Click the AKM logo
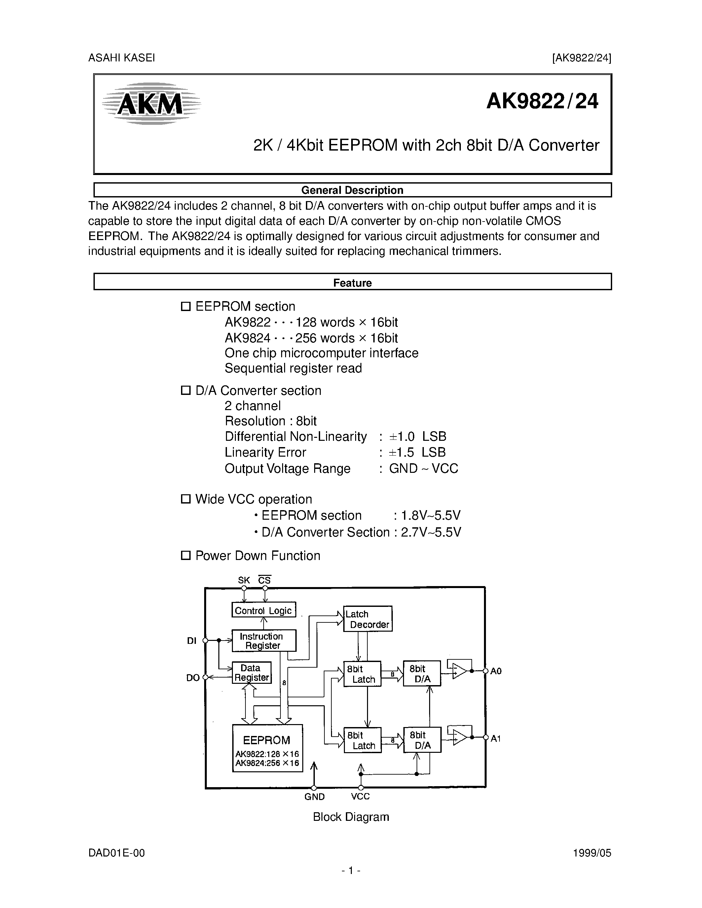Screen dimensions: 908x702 tap(151, 103)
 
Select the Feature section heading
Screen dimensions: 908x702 tap(352, 283)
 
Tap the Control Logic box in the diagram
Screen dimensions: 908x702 tap(263, 610)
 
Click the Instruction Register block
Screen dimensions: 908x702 tap(263, 641)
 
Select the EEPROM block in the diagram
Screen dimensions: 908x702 tap(267, 748)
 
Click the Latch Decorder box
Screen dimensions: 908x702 tap(368, 619)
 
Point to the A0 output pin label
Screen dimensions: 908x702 tap(496, 671)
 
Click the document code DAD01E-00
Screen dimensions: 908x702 tap(116, 853)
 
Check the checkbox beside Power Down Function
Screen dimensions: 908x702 tap(185, 555)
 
